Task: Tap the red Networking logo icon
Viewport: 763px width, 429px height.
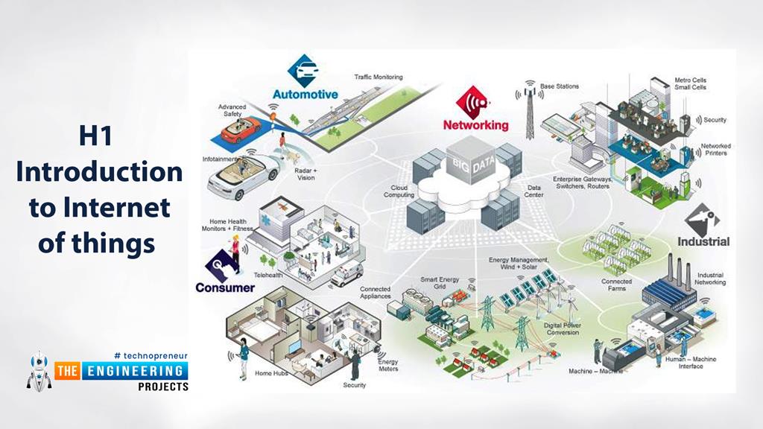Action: [475, 100]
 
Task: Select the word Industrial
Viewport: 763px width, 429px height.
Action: [703, 241]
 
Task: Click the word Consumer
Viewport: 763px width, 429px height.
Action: [224, 287]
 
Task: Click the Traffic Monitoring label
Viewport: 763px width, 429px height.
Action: [378, 77]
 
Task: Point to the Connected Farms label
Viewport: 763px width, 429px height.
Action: [616, 285]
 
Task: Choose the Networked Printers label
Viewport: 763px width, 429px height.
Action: [715, 150]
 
